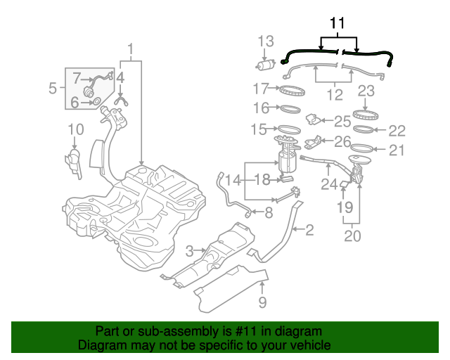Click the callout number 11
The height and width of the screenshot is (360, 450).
pos(337,23)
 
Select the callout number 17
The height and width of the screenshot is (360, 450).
pos(262,89)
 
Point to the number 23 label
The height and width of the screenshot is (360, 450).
pos(366,91)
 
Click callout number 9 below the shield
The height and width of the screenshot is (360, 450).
pos(262,302)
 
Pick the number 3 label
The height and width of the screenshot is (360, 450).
pos(189,251)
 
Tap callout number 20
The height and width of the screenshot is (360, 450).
pos(352,236)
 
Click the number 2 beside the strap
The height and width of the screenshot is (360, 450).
pos(309,229)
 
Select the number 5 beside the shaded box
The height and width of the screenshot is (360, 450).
pos(53,89)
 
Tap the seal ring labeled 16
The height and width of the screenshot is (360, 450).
pos(289,109)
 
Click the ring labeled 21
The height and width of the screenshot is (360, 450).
pos(364,148)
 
